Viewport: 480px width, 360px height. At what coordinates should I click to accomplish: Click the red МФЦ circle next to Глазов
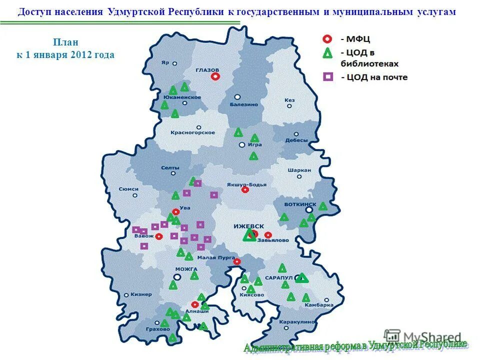pos(215,76)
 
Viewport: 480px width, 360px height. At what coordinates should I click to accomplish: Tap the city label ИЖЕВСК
pos(248,226)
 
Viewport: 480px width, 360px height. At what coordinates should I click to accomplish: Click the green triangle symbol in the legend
pos(327,53)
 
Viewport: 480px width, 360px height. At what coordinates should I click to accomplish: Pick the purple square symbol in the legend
pos(328,77)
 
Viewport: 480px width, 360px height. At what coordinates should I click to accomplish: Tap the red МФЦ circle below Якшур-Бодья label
pos(245,190)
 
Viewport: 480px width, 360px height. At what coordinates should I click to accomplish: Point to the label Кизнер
pos(141,294)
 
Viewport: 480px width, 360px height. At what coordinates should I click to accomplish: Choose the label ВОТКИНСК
pos(300,204)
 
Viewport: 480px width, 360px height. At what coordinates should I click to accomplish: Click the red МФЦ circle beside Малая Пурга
pos(237,261)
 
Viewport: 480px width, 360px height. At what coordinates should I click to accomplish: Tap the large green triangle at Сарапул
pos(301,278)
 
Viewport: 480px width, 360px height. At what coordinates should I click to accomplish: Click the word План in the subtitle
pos(65,42)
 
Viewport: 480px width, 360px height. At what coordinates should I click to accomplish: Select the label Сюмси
pos(129,189)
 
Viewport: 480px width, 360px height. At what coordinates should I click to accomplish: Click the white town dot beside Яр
pos(175,63)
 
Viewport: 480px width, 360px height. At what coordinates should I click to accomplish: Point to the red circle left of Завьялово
pos(268,235)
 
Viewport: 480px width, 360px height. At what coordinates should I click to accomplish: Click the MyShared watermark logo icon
pos(392,336)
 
